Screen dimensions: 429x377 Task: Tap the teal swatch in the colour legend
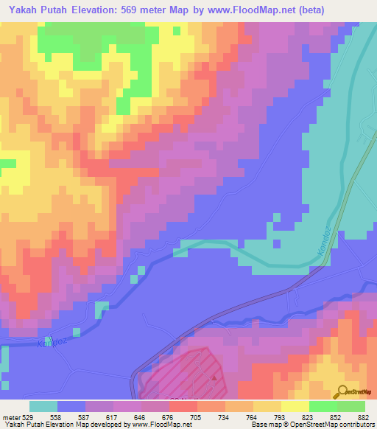[43, 406]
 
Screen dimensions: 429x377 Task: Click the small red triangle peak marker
[216, 380]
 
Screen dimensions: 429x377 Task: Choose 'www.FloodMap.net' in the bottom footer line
[157, 425]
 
